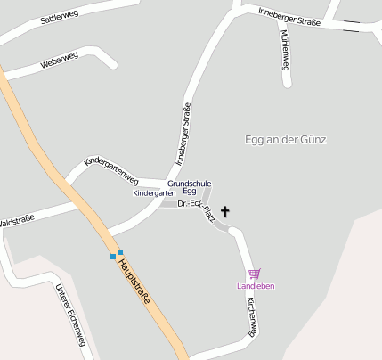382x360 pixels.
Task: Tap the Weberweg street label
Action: tap(61, 61)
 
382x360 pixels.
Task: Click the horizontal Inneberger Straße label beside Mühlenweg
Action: tap(289, 14)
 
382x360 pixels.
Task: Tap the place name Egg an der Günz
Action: tap(285, 140)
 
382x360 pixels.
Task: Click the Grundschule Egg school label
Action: tap(188, 186)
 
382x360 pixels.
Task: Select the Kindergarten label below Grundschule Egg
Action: tap(153, 193)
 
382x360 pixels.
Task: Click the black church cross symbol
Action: tap(224, 212)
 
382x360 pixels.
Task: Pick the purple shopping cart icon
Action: tap(256, 274)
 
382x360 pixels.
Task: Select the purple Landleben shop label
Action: tap(256, 286)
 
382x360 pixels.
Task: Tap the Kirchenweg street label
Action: tap(251, 315)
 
